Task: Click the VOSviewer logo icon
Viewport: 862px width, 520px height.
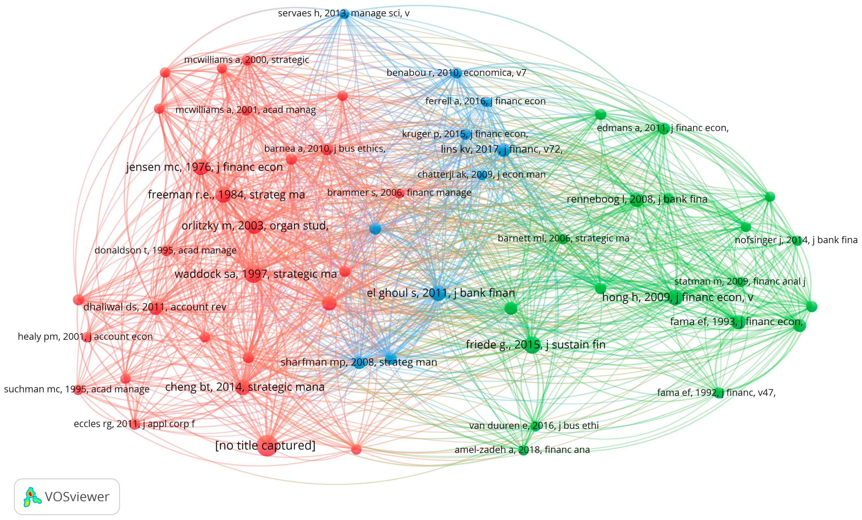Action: click(32, 497)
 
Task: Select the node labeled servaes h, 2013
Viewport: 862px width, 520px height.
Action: click(344, 14)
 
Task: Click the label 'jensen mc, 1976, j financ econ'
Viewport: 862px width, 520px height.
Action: click(204, 167)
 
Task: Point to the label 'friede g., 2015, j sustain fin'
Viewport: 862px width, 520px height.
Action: click(535, 345)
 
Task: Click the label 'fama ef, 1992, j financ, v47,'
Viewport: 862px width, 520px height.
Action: click(716, 393)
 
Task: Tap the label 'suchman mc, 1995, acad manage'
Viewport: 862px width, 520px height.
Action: click(77, 389)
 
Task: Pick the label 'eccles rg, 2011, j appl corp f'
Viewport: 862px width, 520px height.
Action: click(134, 424)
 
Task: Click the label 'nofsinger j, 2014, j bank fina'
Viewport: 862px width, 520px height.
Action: click(796, 240)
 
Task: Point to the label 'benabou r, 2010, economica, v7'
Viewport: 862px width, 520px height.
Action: click(456, 73)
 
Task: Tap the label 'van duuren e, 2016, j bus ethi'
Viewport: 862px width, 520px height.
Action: click(534, 426)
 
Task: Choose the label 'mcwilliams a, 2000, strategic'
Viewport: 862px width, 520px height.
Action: click(247, 60)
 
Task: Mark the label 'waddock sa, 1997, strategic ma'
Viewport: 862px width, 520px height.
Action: click(255, 274)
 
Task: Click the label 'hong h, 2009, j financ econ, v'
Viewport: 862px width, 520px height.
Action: click(677, 298)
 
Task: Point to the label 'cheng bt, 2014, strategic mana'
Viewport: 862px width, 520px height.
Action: click(244, 387)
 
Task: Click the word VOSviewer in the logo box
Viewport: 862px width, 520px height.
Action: click(77, 497)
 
